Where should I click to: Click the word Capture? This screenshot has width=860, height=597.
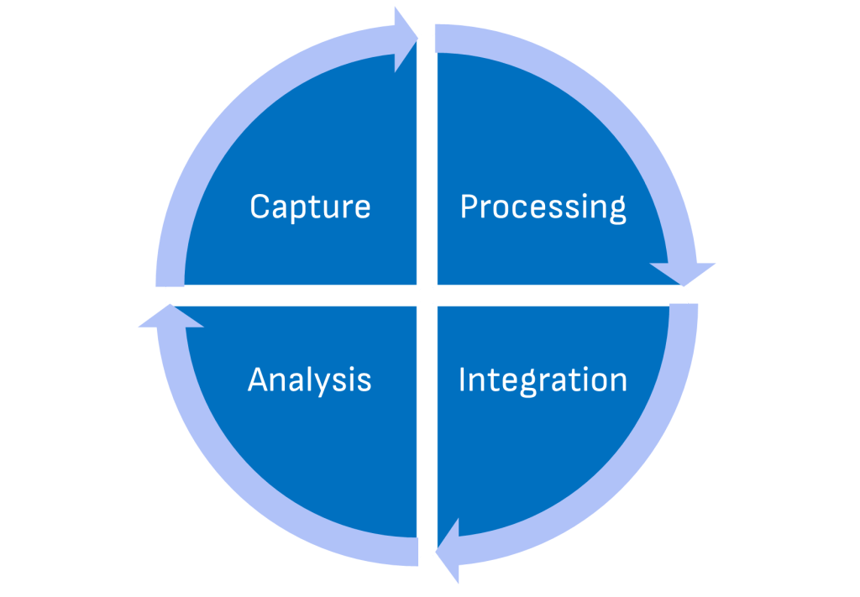(x=310, y=207)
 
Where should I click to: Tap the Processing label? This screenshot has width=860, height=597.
(x=543, y=207)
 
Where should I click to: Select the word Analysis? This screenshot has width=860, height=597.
(x=309, y=380)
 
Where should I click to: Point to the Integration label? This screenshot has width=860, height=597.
(x=543, y=380)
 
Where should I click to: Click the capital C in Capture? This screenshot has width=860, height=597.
(x=260, y=207)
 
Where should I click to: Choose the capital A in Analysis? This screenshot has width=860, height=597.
(x=259, y=380)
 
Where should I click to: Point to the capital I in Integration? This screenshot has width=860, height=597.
(x=463, y=380)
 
